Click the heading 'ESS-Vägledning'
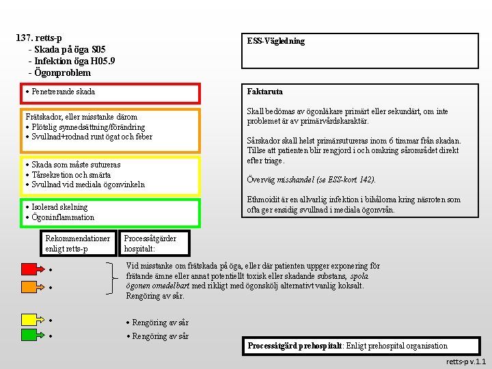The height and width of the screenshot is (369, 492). [x=275, y=41]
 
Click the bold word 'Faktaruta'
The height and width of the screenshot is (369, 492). [x=265, y=92]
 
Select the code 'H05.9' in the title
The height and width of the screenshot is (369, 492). [x=96, y=61]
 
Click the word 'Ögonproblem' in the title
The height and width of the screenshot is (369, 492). [x=62, y=72]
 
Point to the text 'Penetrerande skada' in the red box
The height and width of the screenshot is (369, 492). [x=63, y=92]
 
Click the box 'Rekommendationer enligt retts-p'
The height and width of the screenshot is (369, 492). [x=77, y=243]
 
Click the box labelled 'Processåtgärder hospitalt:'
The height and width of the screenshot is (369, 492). [x=150, y=243]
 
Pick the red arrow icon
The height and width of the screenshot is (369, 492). [x=30, y=269]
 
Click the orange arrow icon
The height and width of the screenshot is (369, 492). [x=30, y=286]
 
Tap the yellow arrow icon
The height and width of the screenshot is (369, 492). [x=30, y=319]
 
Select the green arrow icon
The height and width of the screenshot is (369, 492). [x=30, y=335]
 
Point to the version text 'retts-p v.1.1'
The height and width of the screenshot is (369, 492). [x=465, y=361]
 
